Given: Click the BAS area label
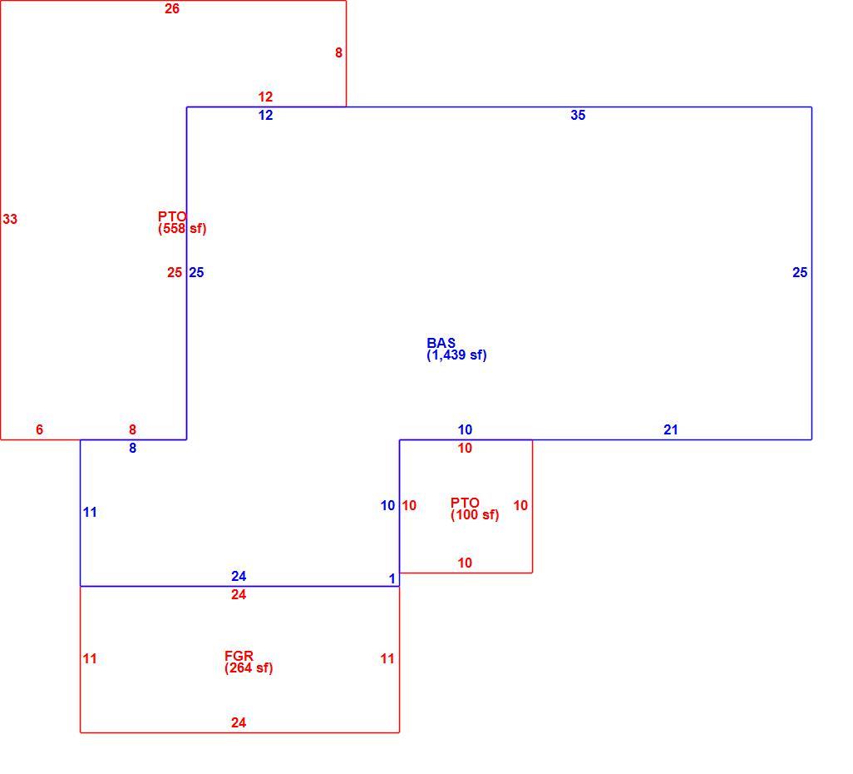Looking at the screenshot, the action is coord(441,343).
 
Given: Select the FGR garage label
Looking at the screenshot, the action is coord(239,656).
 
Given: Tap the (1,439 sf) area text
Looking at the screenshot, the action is coord(456,355).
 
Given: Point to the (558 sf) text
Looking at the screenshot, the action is coord(182,229).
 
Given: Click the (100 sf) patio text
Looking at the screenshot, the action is coord(475,514).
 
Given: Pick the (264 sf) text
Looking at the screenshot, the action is coord(249,667).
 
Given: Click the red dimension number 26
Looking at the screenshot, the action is coord(172,8).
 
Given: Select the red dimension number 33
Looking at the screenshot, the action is coord(10,219).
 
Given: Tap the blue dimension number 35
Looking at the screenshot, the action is coord(578,115).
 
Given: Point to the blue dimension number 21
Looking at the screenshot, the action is coord(671,429).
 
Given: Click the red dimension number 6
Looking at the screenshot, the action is coord(39,429).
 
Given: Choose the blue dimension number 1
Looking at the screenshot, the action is coord(392,578).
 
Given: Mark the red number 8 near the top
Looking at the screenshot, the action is coord(338,52).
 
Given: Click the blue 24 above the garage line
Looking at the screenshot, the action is coord(239,576).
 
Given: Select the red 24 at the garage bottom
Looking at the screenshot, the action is coord(239,722).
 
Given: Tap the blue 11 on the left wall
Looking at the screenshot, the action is coord(90,512).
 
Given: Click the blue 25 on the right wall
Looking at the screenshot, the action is coord(800,272).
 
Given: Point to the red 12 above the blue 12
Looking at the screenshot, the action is coord(265,97).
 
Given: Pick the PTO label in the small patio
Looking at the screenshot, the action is coord(465,503).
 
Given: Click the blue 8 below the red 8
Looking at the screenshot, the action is coord(132,449).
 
